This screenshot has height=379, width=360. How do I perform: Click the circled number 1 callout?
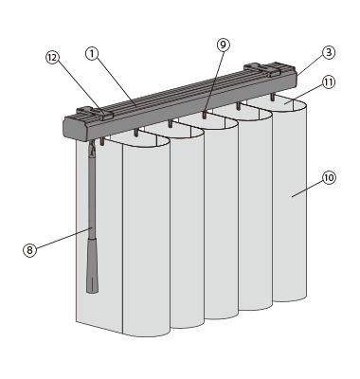click(92, 54)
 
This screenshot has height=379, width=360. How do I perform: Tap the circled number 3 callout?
click(329, 52)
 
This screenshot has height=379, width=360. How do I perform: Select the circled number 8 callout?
click(29, 250)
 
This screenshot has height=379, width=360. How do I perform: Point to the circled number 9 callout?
click(224, 45)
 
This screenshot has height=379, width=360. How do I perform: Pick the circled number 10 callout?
click(329, 178)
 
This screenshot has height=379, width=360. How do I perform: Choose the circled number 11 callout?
click(329, 82)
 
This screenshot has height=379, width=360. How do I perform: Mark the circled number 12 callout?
click(52, 58)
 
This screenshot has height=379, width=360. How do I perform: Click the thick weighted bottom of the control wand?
click(92, 266)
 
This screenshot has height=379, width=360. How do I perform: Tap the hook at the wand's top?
click(92, 149)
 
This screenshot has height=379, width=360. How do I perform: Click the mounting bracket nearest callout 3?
click(262, 69)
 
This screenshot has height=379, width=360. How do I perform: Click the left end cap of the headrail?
click(75, 129)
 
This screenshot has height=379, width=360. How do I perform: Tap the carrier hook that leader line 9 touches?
click(205, 115)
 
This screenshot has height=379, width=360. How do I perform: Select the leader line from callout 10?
click(308, 189)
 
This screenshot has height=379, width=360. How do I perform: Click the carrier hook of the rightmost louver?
click(272, 97)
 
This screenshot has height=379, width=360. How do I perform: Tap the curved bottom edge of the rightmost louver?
click(290, 299)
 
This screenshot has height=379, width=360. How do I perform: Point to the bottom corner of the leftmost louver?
click(76, 321)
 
